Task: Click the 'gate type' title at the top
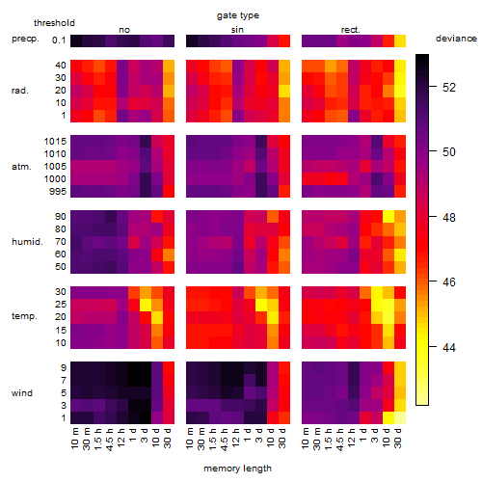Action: click(238, 15)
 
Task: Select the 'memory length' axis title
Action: click(237, 469)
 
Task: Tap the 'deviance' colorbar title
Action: click(456, 39)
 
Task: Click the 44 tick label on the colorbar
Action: click(449, 347)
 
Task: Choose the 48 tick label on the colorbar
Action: click(449, 218)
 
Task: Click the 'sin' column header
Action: click(237, 30)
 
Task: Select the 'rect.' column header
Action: click(350, 30)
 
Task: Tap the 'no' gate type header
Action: click(124, 30)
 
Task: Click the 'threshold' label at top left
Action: click(54, 23)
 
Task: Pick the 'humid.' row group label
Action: click(27, 242)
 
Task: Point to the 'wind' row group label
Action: click(22, 393)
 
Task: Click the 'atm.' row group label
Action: click(21, 167)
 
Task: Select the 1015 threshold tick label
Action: click(55, 142)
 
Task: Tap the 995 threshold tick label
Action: click(58, 192)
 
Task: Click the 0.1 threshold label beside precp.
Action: click(59, 40)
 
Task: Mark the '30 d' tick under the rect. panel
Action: click(398, 438)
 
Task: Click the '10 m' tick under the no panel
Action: click(74, 438)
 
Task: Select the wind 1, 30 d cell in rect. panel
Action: click(400, 417)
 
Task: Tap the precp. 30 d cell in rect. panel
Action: click(400, 40)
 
